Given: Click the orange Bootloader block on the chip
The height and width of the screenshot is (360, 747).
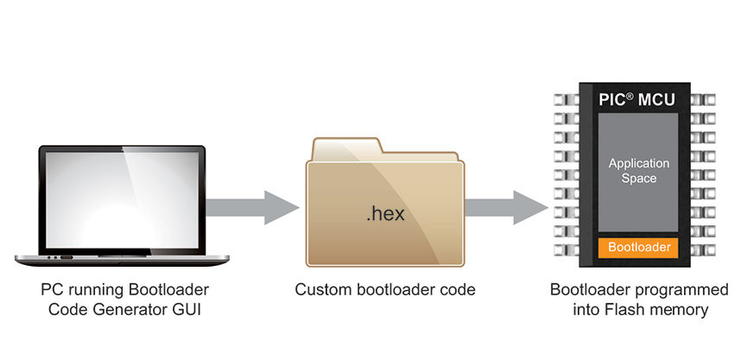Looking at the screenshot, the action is click(638, 248).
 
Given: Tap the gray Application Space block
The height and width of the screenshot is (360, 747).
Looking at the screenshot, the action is click(638, 173).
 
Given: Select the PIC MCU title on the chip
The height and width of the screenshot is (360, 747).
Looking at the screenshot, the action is click(637, 100).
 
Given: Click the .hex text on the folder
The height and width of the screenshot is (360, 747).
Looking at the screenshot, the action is click(385, 213).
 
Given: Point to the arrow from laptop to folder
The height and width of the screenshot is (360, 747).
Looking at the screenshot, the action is click(252, 207).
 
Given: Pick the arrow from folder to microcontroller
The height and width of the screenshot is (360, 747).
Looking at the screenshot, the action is click(506, 207).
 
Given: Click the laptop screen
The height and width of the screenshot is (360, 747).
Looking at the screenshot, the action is click(122, 200).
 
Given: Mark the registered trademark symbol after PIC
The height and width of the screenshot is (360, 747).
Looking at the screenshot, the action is click(630, 97).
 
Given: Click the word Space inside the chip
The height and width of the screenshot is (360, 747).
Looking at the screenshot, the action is click(639, 179).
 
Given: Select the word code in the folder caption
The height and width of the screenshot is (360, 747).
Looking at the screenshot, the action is click(459, 289).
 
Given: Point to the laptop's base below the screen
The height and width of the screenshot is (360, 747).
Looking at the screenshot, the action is click(122, 260).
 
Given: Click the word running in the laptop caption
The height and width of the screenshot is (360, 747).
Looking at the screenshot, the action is click(93, 290).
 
